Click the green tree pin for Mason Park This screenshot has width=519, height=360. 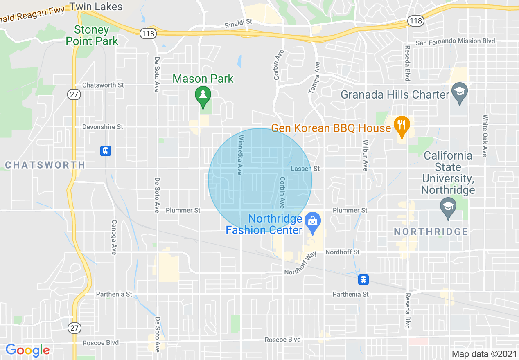[203, 95]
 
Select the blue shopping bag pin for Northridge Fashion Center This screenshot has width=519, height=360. [313, 222]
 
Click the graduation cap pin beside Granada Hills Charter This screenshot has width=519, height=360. [460, 91]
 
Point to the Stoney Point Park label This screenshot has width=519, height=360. [92, 36]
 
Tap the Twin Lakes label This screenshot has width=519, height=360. [96, 7]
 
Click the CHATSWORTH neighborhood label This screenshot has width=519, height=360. [45, 165]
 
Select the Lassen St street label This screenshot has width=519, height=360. [305, 169]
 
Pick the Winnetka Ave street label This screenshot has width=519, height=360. [241, 155]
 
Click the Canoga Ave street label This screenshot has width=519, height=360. [114, 237]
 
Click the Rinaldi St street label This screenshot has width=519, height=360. [239, 25]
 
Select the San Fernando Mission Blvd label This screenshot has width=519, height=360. [455, 41]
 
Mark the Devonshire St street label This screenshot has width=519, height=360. [102, 127]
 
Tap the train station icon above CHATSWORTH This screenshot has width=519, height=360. [106, 151]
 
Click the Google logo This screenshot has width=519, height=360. [27, 351]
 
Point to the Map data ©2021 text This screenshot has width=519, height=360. [484, 354]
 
